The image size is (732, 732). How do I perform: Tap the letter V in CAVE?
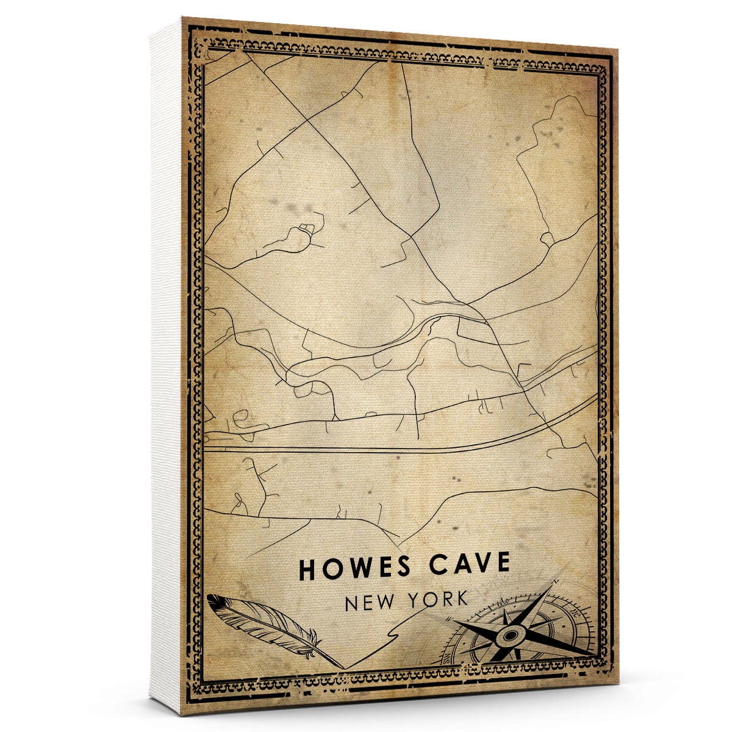tap(482, 564)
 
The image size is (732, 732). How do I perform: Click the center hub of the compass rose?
tap(509, 637)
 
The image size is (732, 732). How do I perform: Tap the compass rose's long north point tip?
tap(556, 582)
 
